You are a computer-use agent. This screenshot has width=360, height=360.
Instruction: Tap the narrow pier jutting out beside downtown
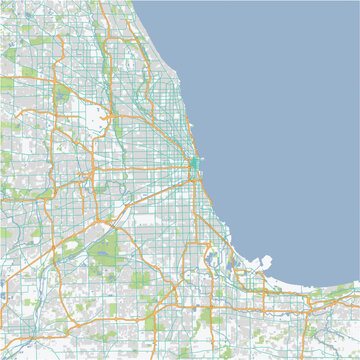pos(200,161)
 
